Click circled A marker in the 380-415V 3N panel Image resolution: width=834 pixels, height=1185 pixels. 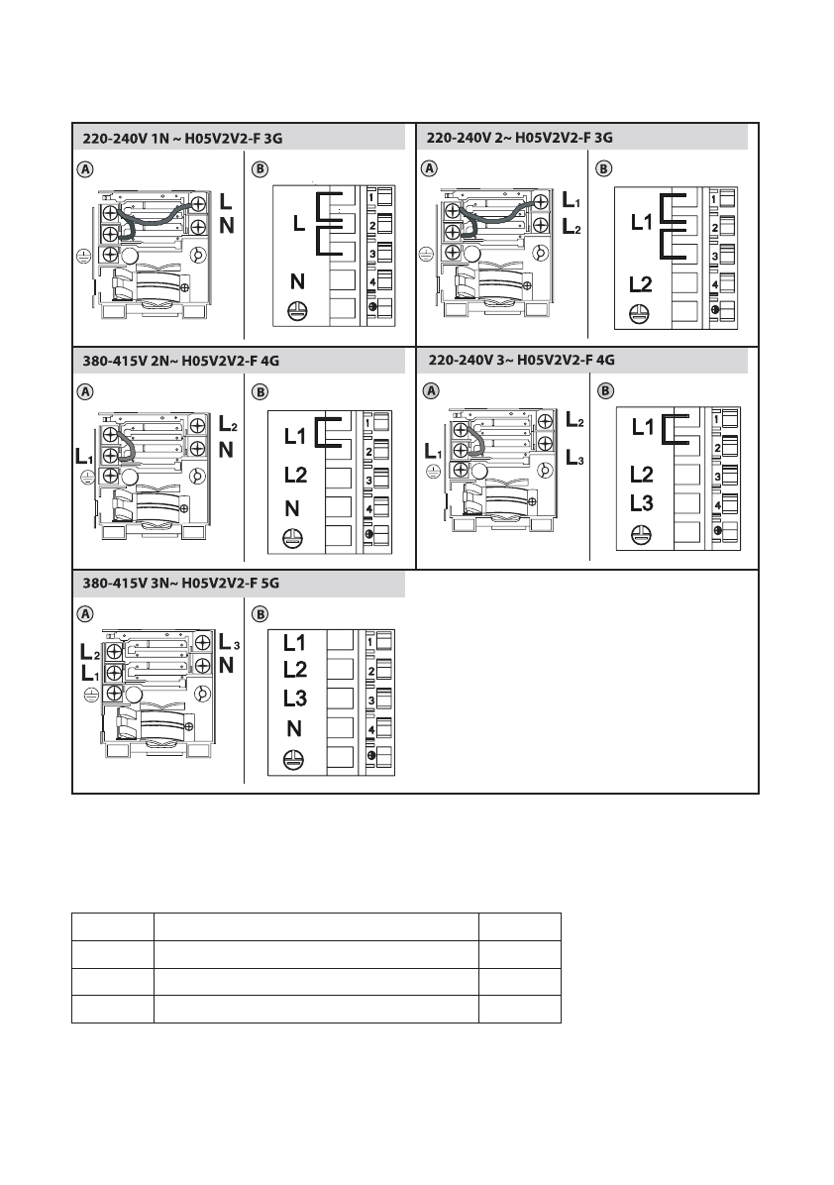point(86,613)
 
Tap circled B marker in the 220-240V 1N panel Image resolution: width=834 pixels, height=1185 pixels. point(261,168)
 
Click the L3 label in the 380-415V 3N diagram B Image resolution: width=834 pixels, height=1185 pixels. point(295,698)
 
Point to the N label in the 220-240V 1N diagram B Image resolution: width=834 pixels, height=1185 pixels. point(295,281)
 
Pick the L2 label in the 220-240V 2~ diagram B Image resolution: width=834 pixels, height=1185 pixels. point(641,285)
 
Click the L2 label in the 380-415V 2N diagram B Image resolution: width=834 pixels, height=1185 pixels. point(295,475)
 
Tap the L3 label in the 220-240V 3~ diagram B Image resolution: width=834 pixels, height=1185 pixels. point(641,502)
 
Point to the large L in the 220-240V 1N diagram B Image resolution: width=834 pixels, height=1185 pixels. point(298,227)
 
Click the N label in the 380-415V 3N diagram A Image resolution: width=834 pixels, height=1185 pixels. point(226,666)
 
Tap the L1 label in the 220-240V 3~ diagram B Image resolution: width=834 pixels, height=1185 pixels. point(643,428)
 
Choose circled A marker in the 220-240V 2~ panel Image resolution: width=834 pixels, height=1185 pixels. point(430,168)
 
